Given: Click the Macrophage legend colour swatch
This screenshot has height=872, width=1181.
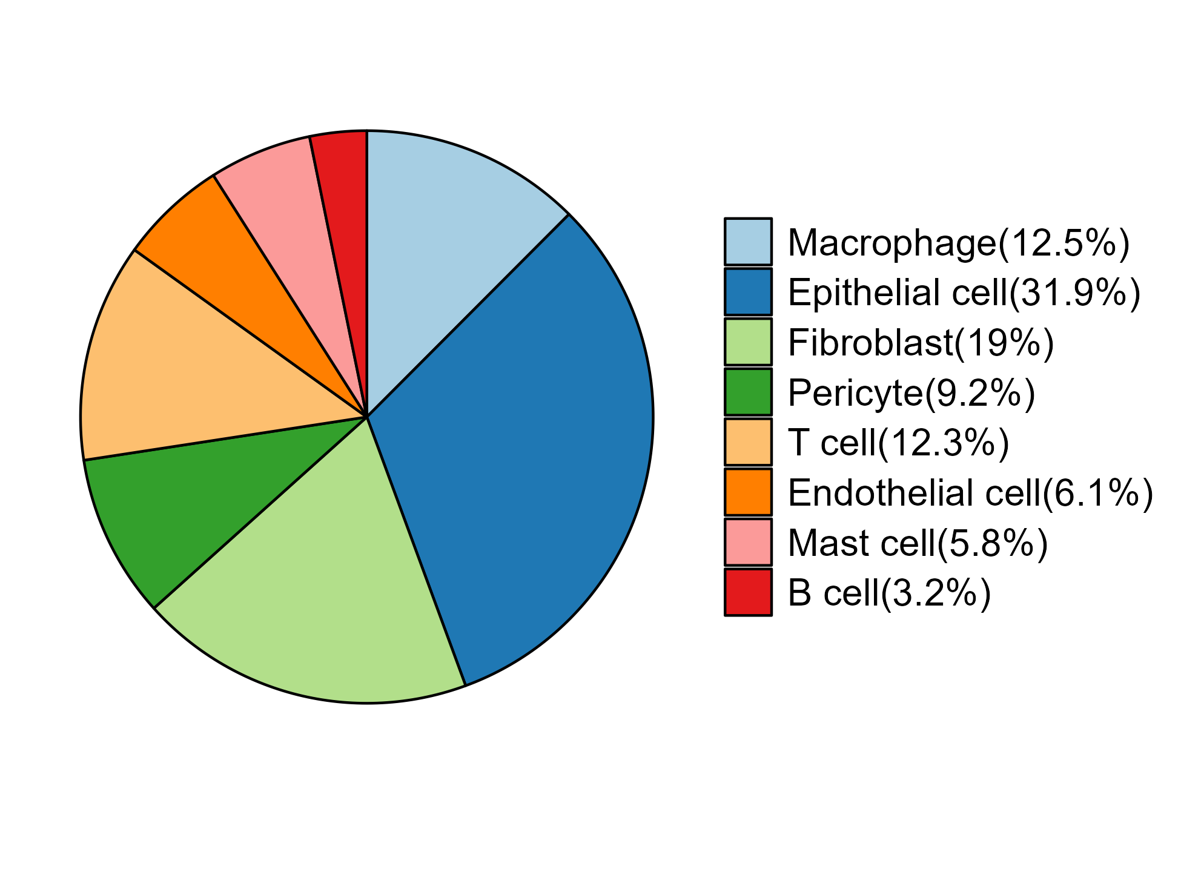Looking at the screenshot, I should pyautogui.click(x=748, y=242).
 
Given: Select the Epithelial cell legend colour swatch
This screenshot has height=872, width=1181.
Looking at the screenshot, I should pyautogui.click(x=748, y=292).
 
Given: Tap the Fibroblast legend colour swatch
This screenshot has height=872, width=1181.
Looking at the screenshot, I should pyautogui.click(x=748, y=342).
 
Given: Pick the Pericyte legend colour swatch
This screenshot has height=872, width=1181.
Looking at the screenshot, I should pyautogui.click(x=748, y=392).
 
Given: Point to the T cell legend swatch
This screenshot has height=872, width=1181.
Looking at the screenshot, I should pyautogui.click(x=748, y=442).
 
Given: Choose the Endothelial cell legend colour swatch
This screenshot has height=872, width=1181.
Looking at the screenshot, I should pyautogui.click(x=748, y=492).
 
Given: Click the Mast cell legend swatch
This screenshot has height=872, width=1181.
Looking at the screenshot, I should pyautogui.click(x=748, y=543).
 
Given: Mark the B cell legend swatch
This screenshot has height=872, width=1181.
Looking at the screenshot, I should pyautogui.click(x=748, y=592).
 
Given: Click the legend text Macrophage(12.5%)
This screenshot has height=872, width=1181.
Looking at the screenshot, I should pyautogui.click(x=959, y=243).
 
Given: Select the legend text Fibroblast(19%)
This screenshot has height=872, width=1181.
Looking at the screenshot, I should pyautogui.click(x=921, y=343).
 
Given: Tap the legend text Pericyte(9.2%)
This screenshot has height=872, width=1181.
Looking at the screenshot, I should pyautogui.click(x=911, y=393).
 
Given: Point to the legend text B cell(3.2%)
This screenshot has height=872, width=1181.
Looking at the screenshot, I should pyautogui.click(x=889, y=593).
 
